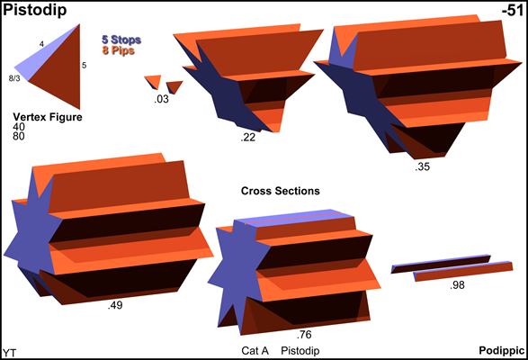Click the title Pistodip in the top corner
(x=35, y=11)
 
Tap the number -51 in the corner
(x=513, y=11)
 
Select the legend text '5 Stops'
(x=121, y=40)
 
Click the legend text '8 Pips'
(x=118, y=50)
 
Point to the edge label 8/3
(x=14, y=78)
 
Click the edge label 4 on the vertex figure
(x=41, y=44)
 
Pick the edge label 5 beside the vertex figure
(x=85, y=65)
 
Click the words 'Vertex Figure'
(x=48, y=117)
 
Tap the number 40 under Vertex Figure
(x=19, y=127)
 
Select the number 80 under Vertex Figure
(x=19, y=136)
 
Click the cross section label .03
(x=161, y=99)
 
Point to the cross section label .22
(x=248, y=137)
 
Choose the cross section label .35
(x=423, y=166)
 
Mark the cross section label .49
(x=115, y=305)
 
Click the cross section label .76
(x=304, y=335)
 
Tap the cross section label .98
(x=457, y=285)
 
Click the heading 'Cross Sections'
(x=280, y=191)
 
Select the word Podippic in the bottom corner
(x=502, y=351)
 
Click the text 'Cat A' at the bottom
(x=255, y=351)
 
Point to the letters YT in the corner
(x=9, y=353)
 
